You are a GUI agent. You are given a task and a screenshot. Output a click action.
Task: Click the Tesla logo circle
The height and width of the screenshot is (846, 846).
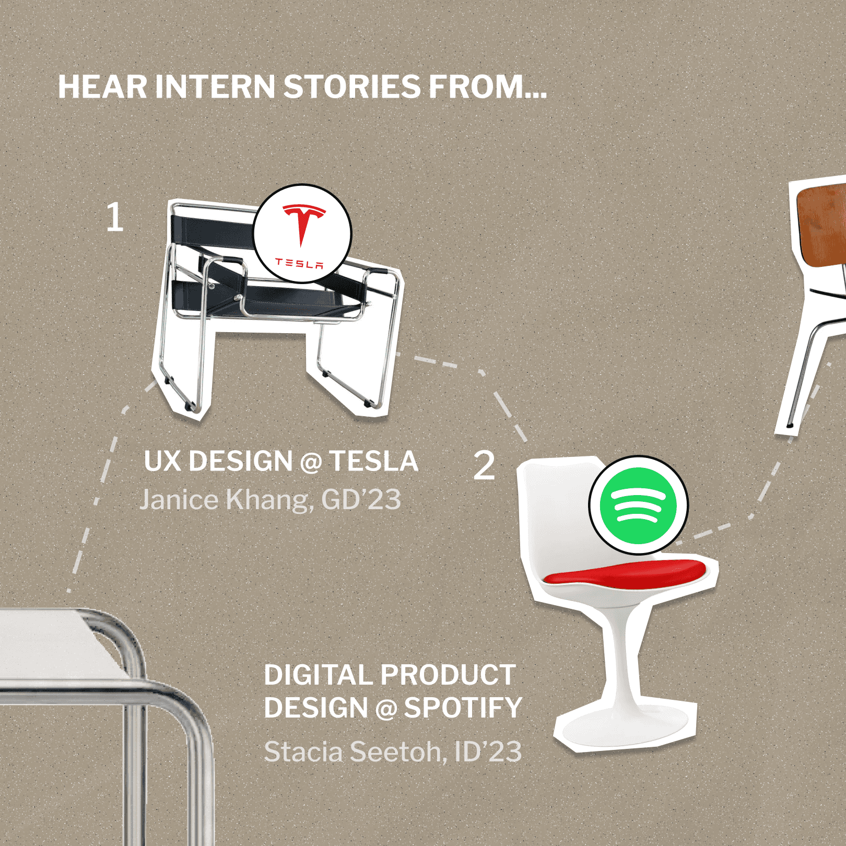click(x=302, y=233)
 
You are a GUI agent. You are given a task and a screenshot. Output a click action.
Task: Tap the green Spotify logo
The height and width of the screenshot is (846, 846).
click(x=638, y=505)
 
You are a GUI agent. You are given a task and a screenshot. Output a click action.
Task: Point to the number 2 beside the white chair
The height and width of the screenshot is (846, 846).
click(x=484, y=465)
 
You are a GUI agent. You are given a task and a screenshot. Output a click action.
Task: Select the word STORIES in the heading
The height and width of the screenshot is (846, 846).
click(x=352, y=87)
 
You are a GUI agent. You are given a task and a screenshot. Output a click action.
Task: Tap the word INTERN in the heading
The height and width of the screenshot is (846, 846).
click(x=215, y=87)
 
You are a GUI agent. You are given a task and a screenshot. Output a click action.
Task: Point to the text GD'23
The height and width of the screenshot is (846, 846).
click(x=361, y=500)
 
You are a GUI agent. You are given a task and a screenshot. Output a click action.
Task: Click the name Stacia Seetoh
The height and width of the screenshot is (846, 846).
click(x=355, y=752)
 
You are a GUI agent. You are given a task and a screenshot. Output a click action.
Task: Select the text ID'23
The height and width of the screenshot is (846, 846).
click(x=488, y=752)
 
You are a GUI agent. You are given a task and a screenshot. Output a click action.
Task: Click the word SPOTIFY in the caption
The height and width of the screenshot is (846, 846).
click(x=463, y=708)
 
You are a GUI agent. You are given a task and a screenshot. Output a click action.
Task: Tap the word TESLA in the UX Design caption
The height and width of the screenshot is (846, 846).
click(x=374, y=462)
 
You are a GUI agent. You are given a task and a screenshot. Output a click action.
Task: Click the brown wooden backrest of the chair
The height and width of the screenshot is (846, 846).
click(x=822, y=225)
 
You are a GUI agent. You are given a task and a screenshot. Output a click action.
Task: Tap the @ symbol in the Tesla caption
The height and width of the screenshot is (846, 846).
click(x=311, y=463)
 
